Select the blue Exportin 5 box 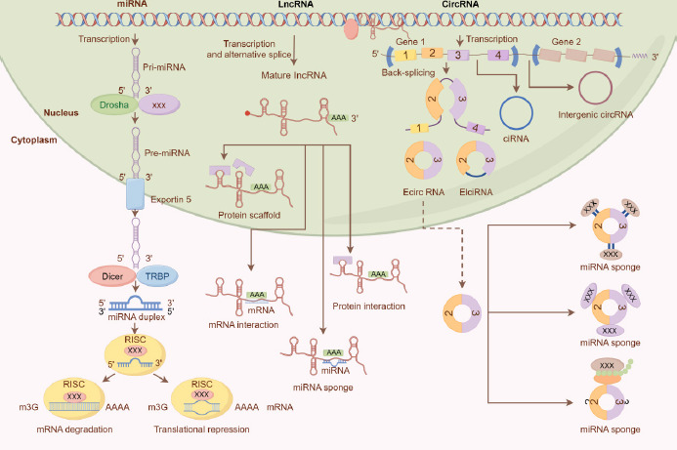tap(134, 194)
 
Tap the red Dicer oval tap(110, 276)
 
